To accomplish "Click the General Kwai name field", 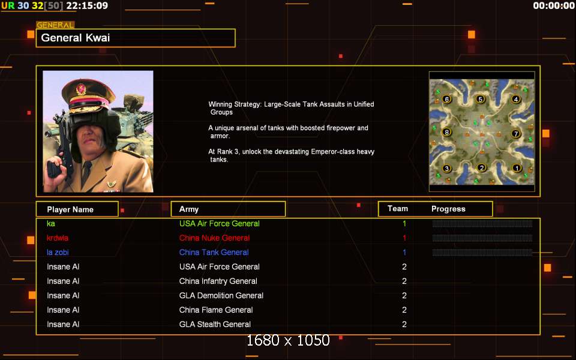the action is tap(136, 38).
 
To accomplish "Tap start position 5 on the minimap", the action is tap(480, 99).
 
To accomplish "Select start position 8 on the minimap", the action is tap(446, 132).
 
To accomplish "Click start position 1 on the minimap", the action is tap(517, 168).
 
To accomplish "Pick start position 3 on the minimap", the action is tap(446, 169).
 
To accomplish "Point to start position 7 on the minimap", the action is tap(516, 134).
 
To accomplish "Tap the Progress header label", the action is tap(448, 209).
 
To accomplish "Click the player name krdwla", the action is tap(58, 238).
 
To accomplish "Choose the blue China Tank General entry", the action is tap(214, 253).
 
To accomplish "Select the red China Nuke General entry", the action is tap(215, 238).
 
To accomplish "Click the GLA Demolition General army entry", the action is tap(221, 295).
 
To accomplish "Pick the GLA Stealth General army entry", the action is tap(215, 325).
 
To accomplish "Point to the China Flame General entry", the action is tap(216, 310).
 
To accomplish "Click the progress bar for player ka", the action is tap(482, 224).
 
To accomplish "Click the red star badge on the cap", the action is tap(81, 89).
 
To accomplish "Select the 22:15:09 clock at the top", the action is tap(87, 5).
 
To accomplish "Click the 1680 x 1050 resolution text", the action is tap(288, 341).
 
